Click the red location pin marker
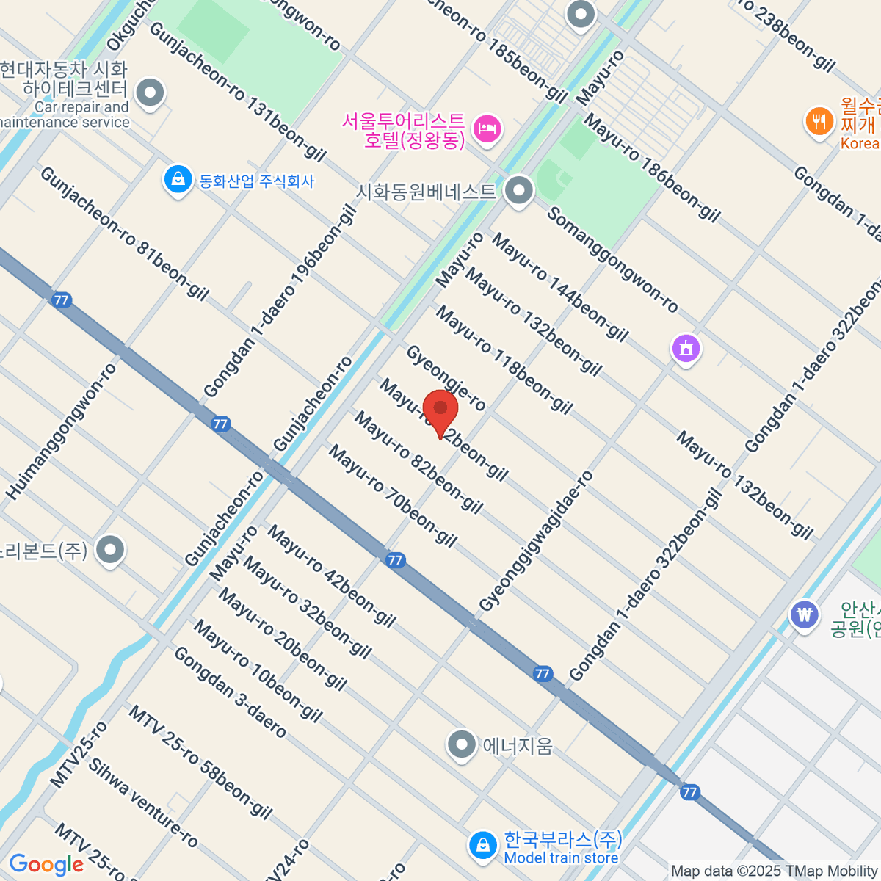pos(440,411)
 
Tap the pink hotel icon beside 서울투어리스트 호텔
pos(486,129)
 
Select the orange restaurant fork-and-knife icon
pos(819,121)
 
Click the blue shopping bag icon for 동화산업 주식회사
pos(178,180)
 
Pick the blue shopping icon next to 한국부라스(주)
pos(483,846)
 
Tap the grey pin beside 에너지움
pos(462,744)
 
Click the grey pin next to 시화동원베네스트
pos(520,191)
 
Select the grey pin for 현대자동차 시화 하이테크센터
pos(151,93)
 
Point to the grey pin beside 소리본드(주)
pos(111,549)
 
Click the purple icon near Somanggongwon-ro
pos(686,348)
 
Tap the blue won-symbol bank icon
pos(805,614)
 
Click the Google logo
pos(46,865)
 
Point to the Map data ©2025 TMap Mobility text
pos(774,871)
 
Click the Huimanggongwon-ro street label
pos(62,432)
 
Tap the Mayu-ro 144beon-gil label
pos(560,287)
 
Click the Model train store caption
pos(561,858)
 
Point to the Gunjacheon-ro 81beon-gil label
pos(125,233)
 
